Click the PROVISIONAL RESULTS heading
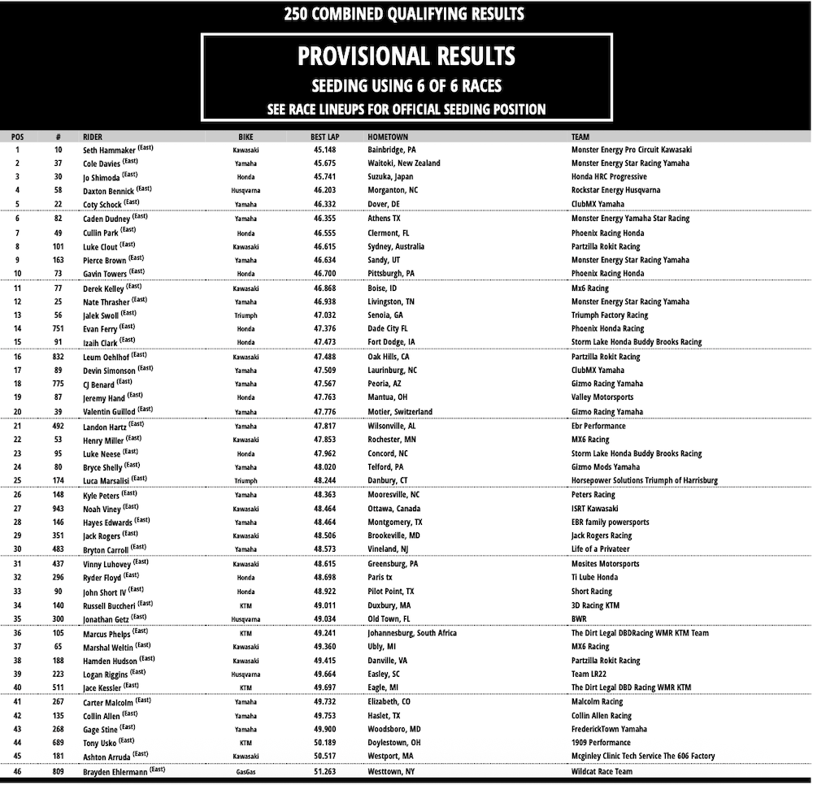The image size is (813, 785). [x=406, y=56]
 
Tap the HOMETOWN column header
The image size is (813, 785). [x=388, y=137]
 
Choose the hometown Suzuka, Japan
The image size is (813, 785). [x=393, y=177]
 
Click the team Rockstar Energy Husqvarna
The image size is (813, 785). [x=616, y=190]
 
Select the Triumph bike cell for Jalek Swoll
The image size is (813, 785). [x=246, y=314]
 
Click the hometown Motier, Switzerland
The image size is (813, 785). [x=400, y=412]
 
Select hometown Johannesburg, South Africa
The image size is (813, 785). [x=412, y=633]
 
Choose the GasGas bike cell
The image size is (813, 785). [x=246, y=771]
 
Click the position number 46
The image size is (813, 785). [x=18, y=771]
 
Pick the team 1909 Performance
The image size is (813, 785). [x=601, y=743]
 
